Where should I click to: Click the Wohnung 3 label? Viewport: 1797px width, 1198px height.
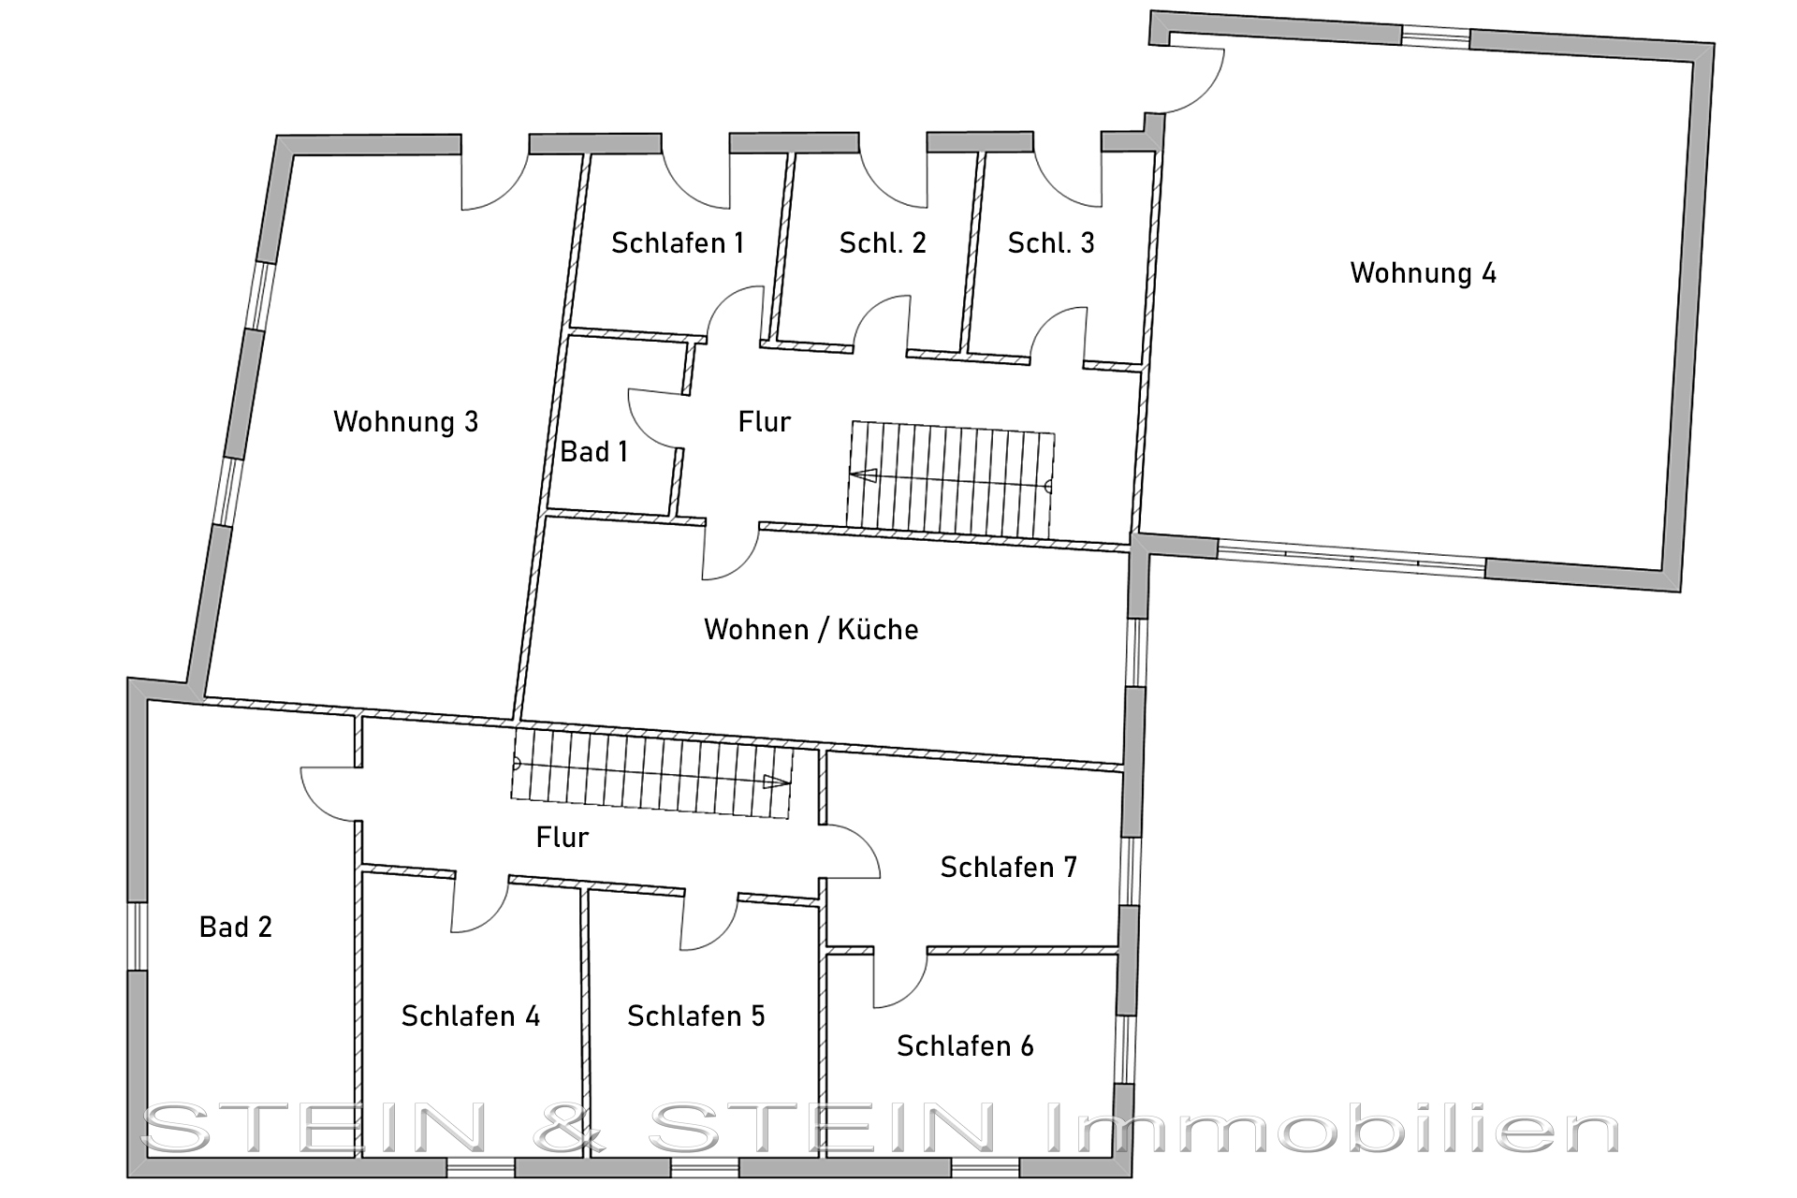405,422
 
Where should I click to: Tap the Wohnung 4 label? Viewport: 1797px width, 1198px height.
1423,273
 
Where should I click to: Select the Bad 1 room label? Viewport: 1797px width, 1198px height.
593,452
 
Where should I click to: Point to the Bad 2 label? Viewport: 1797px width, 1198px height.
236,928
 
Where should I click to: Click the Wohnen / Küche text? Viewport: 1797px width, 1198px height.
811,629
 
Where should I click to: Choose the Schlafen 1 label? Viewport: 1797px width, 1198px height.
678,243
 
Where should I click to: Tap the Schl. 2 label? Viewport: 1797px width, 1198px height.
883,243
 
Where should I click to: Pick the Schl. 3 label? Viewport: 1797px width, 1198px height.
1051,243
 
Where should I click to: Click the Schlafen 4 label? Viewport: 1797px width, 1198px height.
471,1016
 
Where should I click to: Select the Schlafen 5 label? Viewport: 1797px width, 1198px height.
696,1016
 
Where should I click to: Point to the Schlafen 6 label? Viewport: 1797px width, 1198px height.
965,1046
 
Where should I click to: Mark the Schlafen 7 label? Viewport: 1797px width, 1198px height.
1009,868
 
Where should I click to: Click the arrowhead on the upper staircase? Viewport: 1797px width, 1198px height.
863,475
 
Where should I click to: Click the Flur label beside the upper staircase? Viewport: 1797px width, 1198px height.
764,422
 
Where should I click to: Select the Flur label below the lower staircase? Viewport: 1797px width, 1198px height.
562,838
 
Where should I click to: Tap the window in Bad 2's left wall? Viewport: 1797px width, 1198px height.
138,936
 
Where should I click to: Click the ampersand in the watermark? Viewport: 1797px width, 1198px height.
570,1128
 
